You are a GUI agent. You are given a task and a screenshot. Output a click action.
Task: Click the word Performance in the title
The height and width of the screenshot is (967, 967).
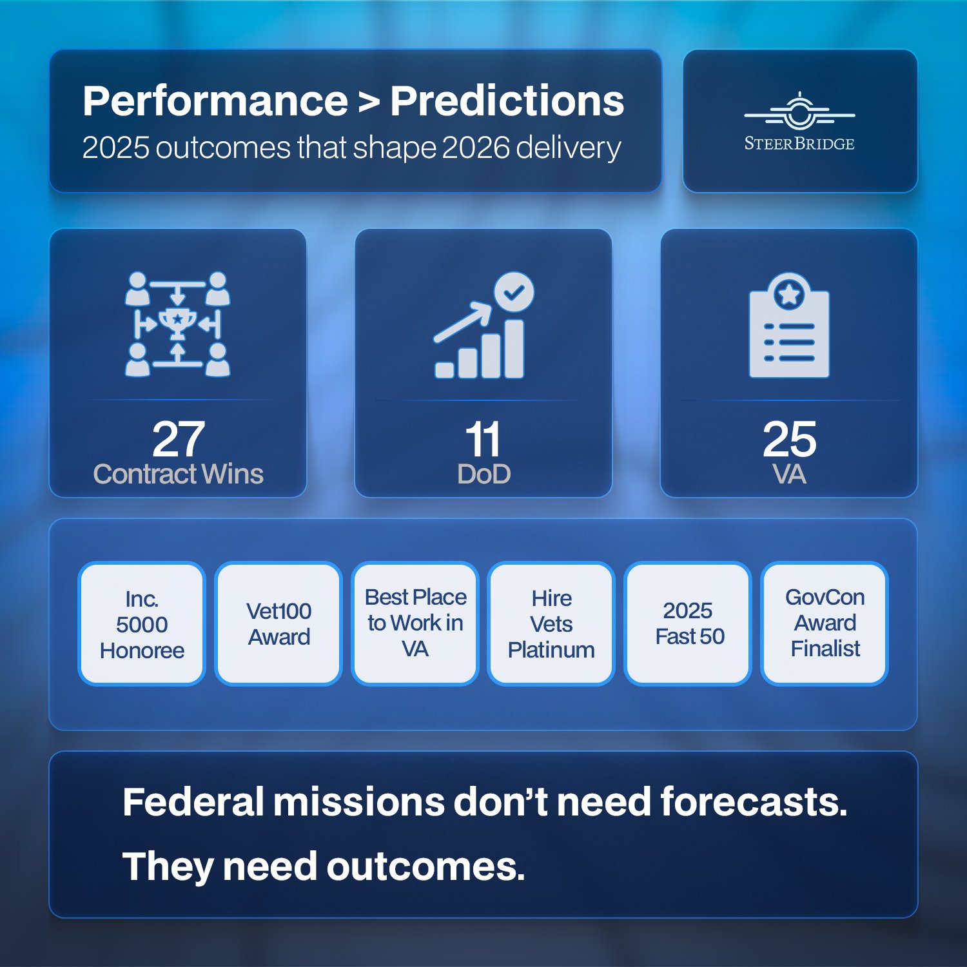(215, 101)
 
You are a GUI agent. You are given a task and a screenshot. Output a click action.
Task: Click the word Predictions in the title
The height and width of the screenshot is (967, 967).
(507, 101)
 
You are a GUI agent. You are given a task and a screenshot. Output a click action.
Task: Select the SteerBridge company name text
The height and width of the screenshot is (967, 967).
(799, 144)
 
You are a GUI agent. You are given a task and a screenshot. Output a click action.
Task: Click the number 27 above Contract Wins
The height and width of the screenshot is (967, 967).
(178, 439)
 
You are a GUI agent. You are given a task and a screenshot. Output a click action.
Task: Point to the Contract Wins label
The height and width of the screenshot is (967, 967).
(178, 474)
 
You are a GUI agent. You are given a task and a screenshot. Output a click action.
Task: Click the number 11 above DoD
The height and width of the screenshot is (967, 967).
(483, 439)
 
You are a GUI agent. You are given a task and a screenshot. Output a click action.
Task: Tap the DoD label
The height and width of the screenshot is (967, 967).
(484, 474)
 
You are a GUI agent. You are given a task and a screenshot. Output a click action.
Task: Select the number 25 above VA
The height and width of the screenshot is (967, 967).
(789, 439)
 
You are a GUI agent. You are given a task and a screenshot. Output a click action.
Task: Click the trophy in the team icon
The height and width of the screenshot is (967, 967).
(178, 322)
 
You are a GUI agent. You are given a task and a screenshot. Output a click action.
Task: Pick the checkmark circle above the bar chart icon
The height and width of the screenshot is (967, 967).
(514, 292)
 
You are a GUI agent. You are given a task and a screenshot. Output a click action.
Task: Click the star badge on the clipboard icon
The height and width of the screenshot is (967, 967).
(789, 294)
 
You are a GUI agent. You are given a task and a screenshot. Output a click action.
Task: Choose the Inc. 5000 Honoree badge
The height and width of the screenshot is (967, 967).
(142, 624)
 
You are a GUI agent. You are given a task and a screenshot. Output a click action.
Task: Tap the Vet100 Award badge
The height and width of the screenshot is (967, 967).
(278, 624)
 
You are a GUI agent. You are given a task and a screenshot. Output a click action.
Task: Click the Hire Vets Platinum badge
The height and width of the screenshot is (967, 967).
(551, 624)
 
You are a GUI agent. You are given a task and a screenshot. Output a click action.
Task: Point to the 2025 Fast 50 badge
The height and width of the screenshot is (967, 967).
(689, 624)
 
